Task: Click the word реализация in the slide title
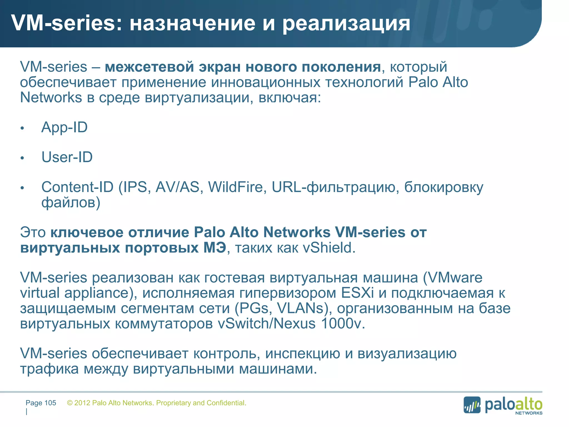click(346, 24)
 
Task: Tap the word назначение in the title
click(192, 23)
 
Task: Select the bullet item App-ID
click(64, 128)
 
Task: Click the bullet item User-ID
click(67, 157)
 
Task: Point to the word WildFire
click(236, 187)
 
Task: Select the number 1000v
click(343, 324)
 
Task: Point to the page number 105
click(50, 403)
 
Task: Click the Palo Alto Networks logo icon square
click(472, 405)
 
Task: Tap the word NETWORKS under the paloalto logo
click(529, 413)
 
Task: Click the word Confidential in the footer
click(226, 403)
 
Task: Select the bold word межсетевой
click(149, 67)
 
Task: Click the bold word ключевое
click(87, 232)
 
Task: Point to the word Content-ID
click(78, 187)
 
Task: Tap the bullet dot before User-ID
click(23, 158)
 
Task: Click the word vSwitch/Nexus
click(267, 324)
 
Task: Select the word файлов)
click(71, 203)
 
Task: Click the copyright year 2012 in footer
click(82, 403)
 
